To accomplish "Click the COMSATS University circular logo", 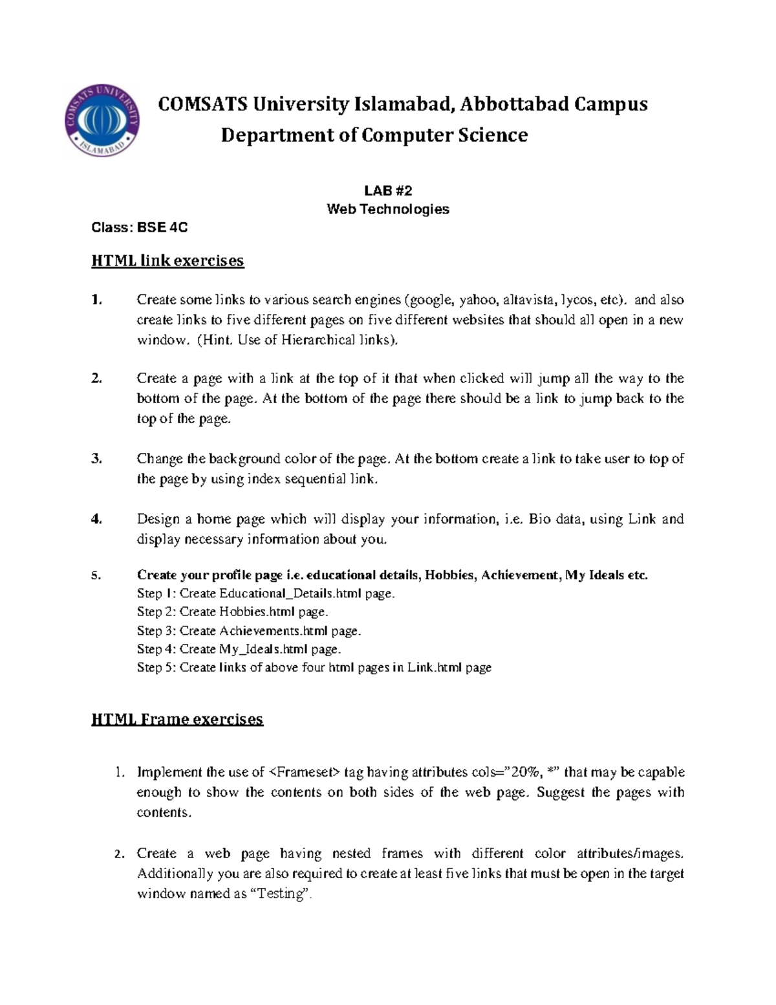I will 102,120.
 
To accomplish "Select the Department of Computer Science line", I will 374,135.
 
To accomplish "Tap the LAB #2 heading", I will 387,190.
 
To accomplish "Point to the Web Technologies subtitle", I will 387,209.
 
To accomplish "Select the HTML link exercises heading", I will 167,261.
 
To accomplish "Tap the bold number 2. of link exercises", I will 96,379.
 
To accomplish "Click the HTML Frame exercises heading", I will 177,720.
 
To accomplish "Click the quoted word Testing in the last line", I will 280,894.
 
